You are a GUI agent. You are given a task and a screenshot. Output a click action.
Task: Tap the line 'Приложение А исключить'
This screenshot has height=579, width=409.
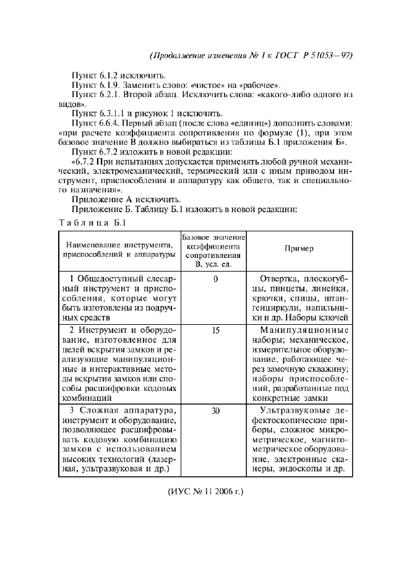pyautogui.click(x=126, y=199)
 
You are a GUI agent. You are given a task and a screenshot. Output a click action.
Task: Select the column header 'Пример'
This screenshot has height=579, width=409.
pyautogui.click(x=299, y=248)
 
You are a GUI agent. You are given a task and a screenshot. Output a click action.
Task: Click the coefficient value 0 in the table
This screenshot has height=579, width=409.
pyautogui.click(x=215, y=279)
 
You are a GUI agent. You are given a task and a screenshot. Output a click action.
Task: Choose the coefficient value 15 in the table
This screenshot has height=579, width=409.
pyautogui.click(x=215, y=331)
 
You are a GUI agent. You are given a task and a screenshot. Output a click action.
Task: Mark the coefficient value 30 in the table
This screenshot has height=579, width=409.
pyautogui.click(x=215, y=410)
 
